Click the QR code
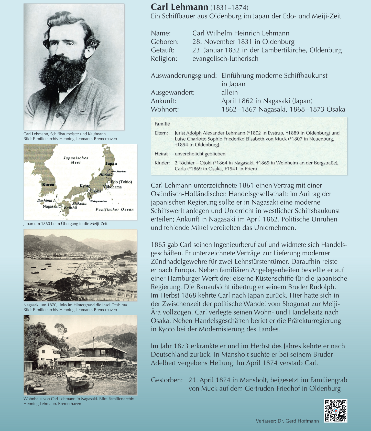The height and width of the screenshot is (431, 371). pos(336,411)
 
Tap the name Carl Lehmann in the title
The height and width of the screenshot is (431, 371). pos(179,7)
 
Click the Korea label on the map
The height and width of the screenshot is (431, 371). pos(48,184)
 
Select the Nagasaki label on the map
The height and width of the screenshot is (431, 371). pos(50,206)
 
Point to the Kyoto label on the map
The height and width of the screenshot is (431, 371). pos(85,186)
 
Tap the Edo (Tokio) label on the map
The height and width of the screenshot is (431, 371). pos(121,182)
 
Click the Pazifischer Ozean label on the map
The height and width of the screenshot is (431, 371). pos(115,209)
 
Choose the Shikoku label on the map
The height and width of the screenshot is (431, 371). pos(79,203)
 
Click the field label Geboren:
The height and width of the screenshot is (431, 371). pos(165,42)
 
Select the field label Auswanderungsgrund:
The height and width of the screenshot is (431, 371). pos(184,76)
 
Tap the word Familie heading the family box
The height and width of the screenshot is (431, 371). pos(162,124)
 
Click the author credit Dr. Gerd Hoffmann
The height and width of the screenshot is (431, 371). pos(298,421)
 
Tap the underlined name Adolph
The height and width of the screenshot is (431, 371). pos(194,133)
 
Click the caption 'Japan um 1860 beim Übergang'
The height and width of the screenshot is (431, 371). pos(66,224)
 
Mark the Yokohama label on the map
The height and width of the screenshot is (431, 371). pos(113,187)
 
